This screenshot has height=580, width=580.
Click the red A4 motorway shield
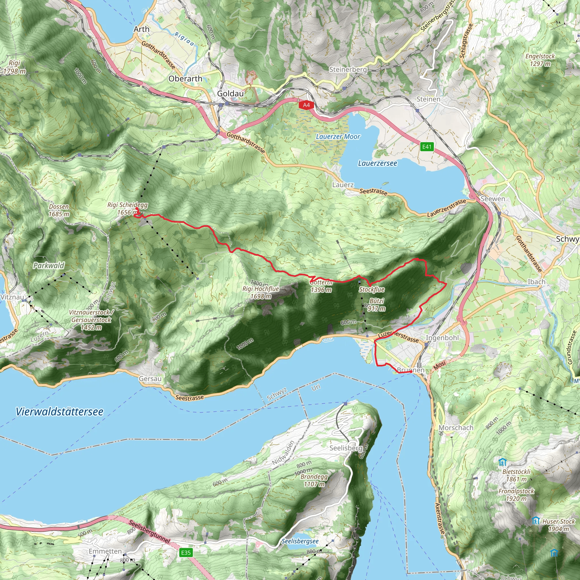click(x=306, y=105)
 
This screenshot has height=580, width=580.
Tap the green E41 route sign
click(x=427, y=147)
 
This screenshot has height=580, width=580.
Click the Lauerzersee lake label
click(x=377, y=163)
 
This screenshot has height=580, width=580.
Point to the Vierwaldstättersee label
click(x=59, y=411)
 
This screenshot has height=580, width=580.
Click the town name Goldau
click(x=230, y=94)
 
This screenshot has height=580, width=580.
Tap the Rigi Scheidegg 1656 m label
click(x=128, y=209)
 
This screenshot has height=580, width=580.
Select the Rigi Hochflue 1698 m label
click(x=261, y=292)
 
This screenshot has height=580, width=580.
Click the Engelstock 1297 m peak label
click(x=540, y=60)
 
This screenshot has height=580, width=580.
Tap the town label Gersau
click(x=150, y=379)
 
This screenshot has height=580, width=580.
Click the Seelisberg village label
click(x=346, y=448)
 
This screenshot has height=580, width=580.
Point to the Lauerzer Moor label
click(x=338, y=137)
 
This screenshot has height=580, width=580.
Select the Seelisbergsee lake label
click(x=300, y=541)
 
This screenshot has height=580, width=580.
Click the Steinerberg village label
click(x=348, y=70)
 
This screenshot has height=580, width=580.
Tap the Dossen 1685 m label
click(x=59, y=210)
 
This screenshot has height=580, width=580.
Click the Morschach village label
click(x=456, y=427)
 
